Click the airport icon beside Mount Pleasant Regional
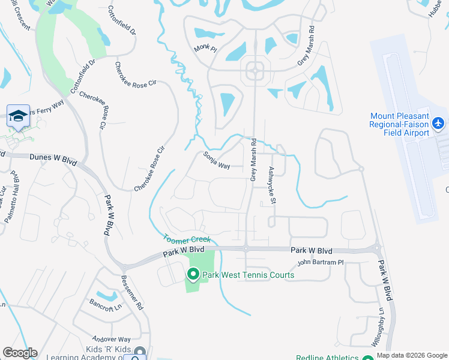tap(438, 123)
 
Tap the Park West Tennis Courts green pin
tap(193, 275)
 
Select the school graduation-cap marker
tap(19, 115)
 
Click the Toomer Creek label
tap(187, 238)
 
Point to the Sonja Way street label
tap(217, 161)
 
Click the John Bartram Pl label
tap(320, 262)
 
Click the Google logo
tap(20, 353)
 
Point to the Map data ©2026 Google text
tap(412, 355)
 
